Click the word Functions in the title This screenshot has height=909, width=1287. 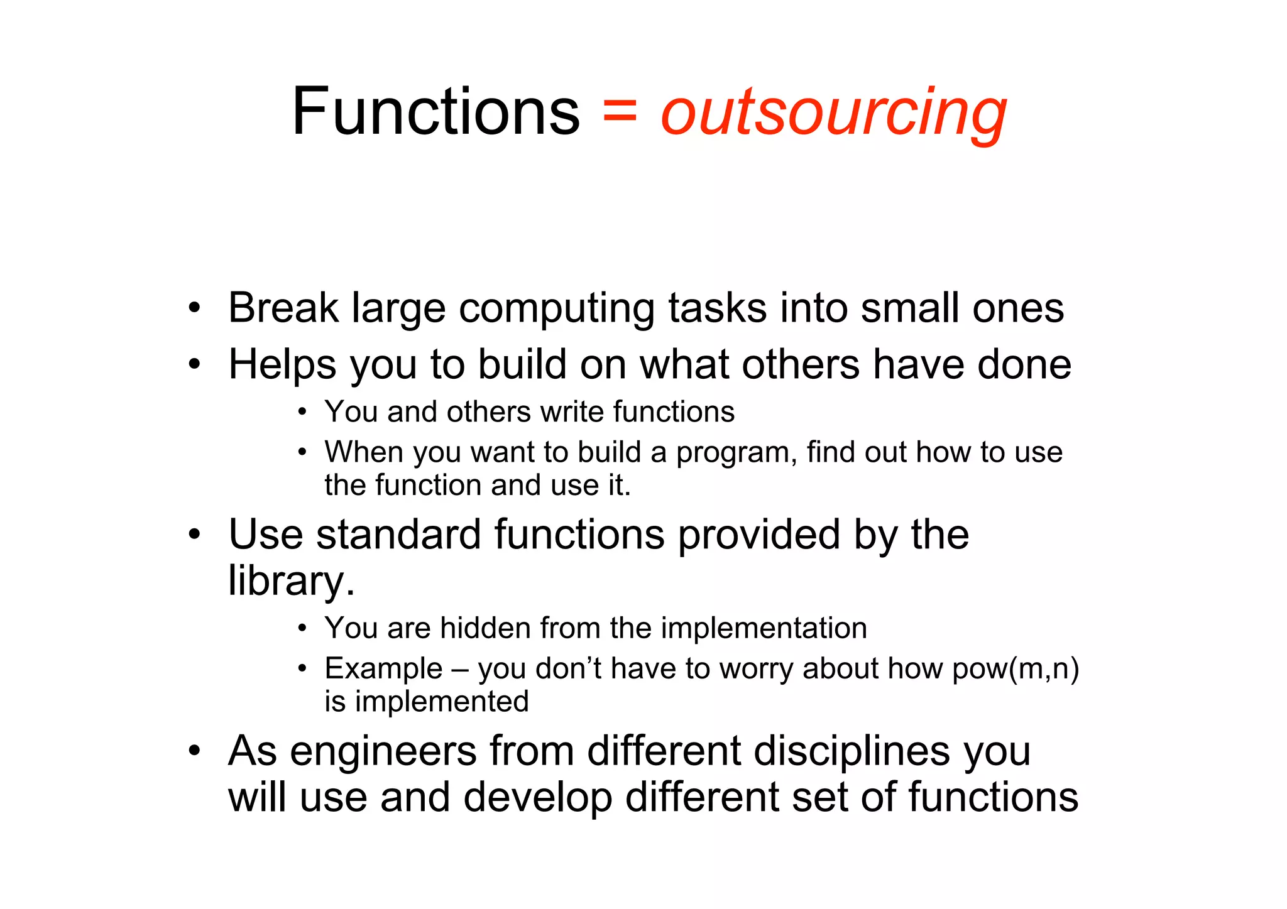click(x=435, y=112)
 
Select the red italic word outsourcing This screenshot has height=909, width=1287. click(x=833, y=113)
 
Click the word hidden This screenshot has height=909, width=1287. click(x=485, y=628)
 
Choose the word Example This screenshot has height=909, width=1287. click(x=383, y=668)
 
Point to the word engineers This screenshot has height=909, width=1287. click(x=383, y=751)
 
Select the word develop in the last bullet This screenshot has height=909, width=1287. click(x=537, y=797)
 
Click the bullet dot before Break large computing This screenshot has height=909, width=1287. click(x=195, y=308)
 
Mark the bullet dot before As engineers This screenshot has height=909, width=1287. click(x=195, y=751)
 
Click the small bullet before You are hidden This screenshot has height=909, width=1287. click(x=303, y=628)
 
